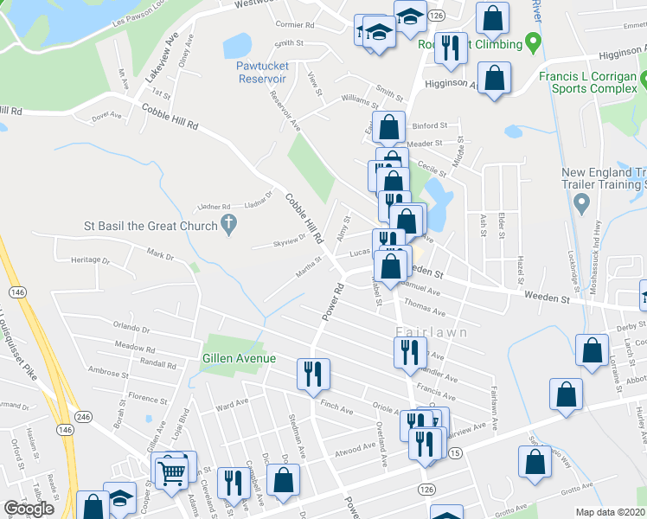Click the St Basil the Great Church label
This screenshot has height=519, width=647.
150,226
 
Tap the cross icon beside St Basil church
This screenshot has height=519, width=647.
228,226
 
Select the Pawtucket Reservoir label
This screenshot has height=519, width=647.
273,72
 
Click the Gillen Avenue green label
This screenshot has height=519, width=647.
239,358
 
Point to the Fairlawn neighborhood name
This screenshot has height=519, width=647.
432,332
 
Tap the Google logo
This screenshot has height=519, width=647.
29,509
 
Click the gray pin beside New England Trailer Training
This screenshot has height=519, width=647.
581,204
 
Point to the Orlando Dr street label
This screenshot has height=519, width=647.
131,330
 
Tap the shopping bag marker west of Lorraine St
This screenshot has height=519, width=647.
593,352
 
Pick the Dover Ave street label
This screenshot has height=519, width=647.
107,114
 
